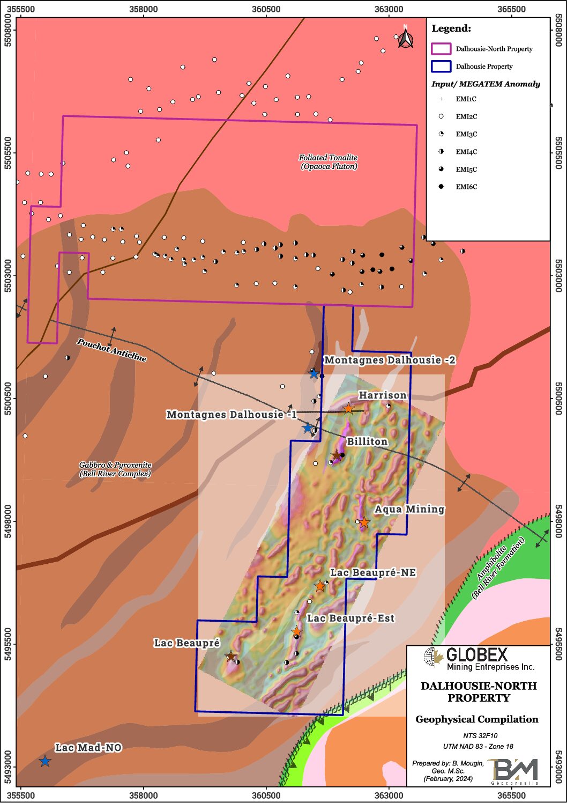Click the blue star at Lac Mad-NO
pos(45,761)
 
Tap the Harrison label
pos(382,395)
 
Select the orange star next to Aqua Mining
pos(364,522)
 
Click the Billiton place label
pos(367,441)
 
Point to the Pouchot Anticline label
pos(111,350)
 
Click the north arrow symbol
pos(406,38)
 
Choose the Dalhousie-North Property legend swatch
pos(441,49)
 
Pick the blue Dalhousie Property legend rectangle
pos(441,67)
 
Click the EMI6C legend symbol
pos(441,187)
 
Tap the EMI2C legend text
pos(466,116)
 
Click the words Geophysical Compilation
pos(477,719)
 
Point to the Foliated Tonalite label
pos(329,161)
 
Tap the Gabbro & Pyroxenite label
pos(115,469)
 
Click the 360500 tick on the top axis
pos(266,9)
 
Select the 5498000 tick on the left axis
pos(8,521)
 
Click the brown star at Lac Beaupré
pos(230,656)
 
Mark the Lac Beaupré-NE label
pos(372,573)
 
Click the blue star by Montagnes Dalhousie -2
pos(314,374)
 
